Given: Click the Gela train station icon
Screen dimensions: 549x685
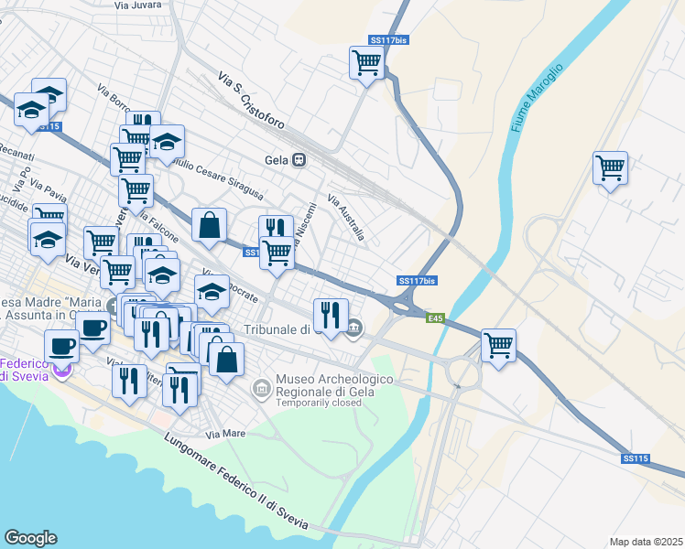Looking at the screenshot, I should (299, 158).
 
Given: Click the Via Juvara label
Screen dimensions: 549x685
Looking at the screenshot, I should (139, 5).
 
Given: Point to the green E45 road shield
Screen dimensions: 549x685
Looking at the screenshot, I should (436, 318).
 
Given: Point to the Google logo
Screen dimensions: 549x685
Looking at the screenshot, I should (30, 538).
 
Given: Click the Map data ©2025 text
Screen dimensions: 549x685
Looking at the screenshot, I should (646, 542).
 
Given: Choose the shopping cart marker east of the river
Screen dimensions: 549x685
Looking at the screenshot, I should (610, 168).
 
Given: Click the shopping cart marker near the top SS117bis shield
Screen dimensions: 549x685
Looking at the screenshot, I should (366, 63).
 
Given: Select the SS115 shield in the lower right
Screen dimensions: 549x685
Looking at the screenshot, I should (635, 457).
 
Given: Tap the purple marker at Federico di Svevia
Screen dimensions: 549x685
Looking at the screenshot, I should (62, 371).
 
